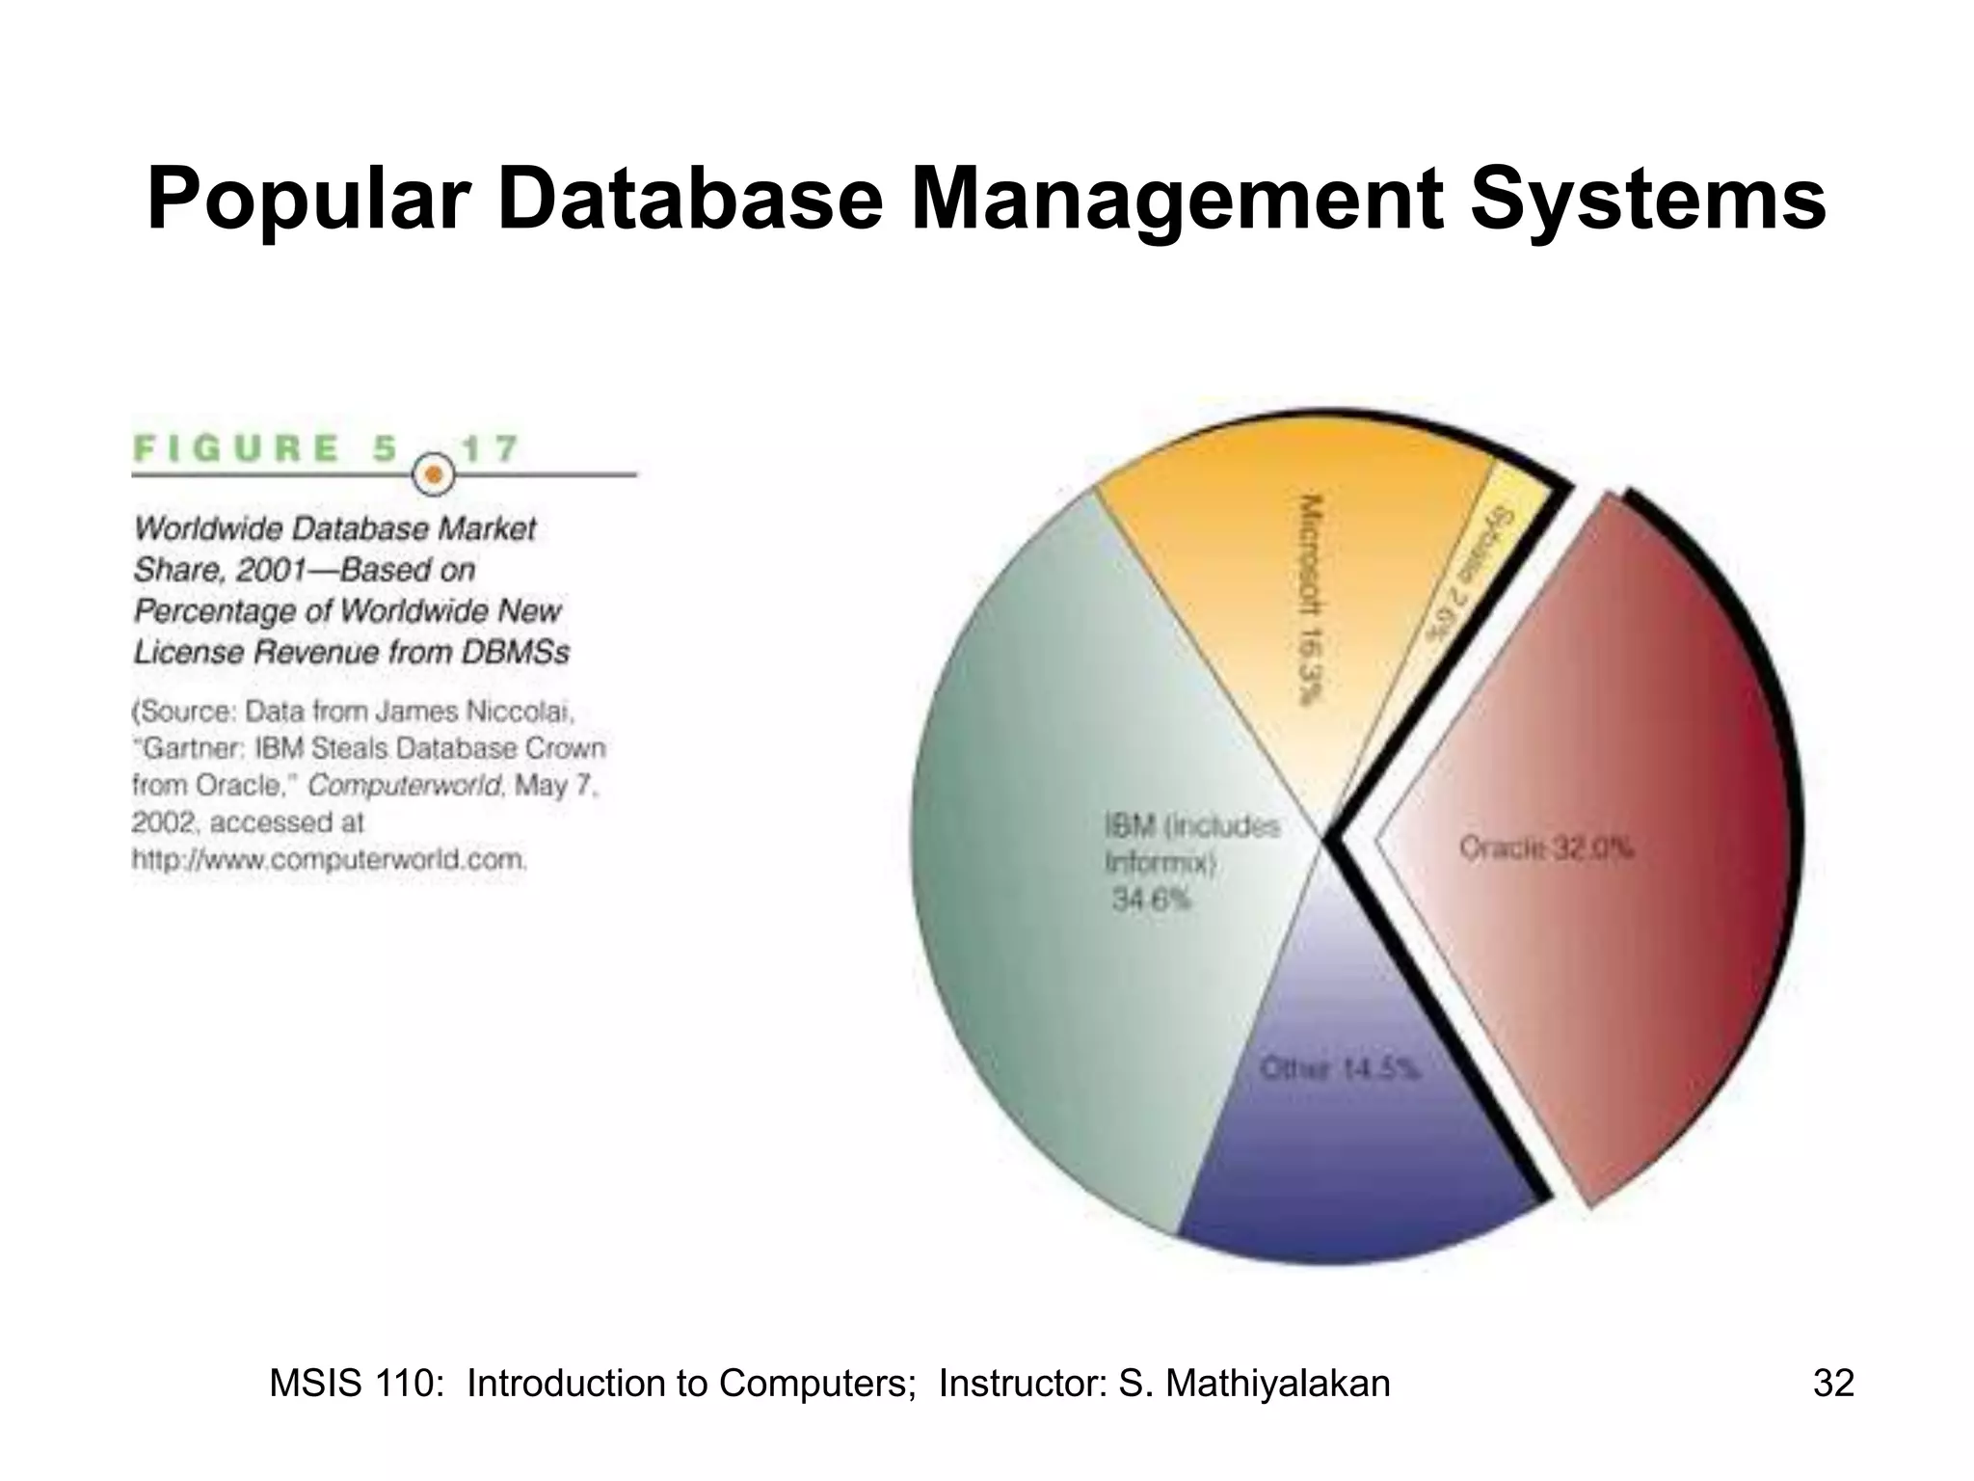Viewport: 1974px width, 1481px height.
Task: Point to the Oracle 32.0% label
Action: tap(1546, 848)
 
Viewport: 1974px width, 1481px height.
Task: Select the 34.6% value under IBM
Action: tap(1151, 900)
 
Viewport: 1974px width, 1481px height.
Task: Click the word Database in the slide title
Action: tap(689, 201)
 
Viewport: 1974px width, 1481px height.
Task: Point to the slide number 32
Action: tap(1833, 1383)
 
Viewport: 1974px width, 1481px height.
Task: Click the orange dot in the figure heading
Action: tap(434, 474)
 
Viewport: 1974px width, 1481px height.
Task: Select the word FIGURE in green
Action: tap(237, 448)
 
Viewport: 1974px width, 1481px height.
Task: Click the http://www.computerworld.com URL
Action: tap(330, 859)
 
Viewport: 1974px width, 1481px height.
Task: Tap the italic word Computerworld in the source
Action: tap(405, 786)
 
